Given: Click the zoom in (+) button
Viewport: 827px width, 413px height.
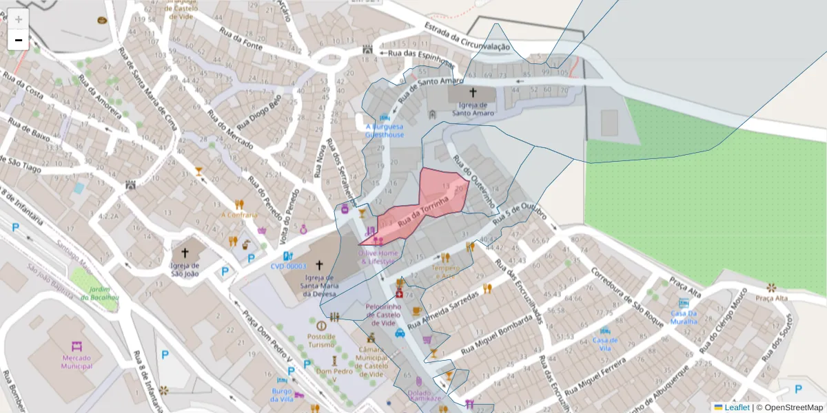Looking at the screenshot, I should pos(19,19).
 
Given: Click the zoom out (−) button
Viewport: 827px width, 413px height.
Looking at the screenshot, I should pos(19,40).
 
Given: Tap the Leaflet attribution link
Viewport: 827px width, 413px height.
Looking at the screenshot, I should pos(736,407).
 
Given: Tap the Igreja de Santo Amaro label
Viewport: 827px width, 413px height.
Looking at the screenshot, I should pos(473,108).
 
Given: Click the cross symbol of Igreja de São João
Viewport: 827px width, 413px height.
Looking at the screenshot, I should pos(185,253).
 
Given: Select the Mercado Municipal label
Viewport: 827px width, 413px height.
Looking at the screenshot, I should pos(76,361).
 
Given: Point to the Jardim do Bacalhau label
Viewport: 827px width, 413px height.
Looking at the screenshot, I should pos(100,294).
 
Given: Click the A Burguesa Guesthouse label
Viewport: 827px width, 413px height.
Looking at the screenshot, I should pos(385,131).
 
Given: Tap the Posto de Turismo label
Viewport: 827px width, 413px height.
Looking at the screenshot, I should pos(321,340).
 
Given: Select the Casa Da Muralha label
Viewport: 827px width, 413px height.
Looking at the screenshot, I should pos(684,317).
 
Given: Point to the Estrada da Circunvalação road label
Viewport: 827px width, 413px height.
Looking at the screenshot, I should pos(467,38).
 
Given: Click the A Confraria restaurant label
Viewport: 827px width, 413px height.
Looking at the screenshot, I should pos(239,214).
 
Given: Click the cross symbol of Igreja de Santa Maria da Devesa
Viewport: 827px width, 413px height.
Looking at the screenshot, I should pos(318,264).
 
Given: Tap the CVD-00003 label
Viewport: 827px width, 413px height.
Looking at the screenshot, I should pos(288,266).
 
